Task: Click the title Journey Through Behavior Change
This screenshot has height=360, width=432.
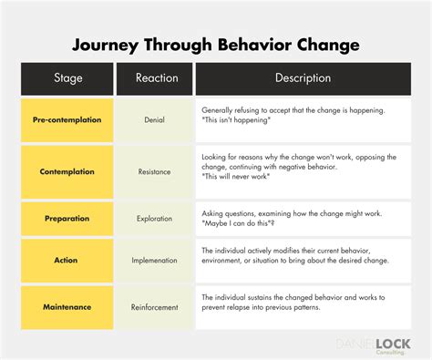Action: (x=215, y=44)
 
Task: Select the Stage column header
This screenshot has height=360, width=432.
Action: (x=68, y=78)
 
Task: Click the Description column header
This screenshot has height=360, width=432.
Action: (x=303, y=78)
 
